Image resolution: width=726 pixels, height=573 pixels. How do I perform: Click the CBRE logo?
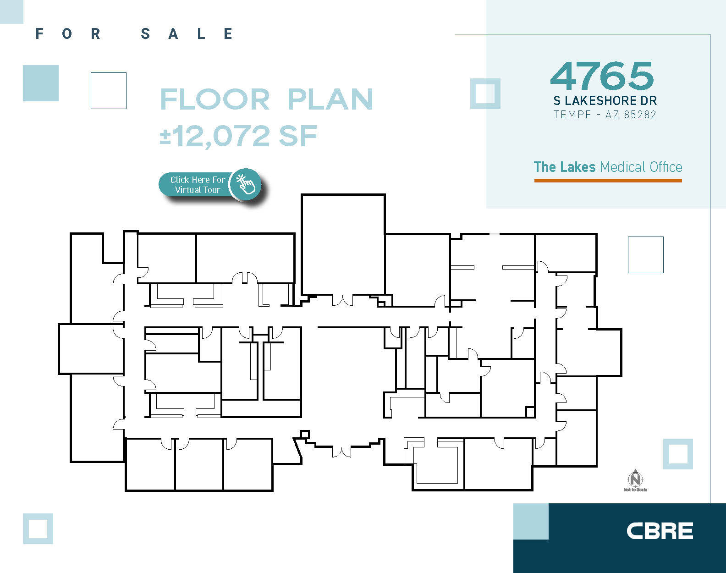660,531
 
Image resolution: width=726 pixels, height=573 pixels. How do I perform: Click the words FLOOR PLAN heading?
266,99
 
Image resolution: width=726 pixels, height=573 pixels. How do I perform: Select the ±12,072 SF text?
238,136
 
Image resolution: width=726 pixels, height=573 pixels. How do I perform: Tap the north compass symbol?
635,479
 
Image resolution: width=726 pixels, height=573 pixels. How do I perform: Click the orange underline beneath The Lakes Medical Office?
608,181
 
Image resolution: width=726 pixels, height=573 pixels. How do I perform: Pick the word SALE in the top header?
187,33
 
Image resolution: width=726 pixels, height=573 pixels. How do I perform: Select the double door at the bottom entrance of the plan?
341,452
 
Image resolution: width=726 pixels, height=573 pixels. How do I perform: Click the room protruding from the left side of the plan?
90,349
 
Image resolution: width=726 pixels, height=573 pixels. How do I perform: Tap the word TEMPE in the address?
572,115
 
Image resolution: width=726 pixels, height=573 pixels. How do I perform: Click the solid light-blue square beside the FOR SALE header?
41,83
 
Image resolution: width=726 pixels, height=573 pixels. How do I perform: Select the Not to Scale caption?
635,490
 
